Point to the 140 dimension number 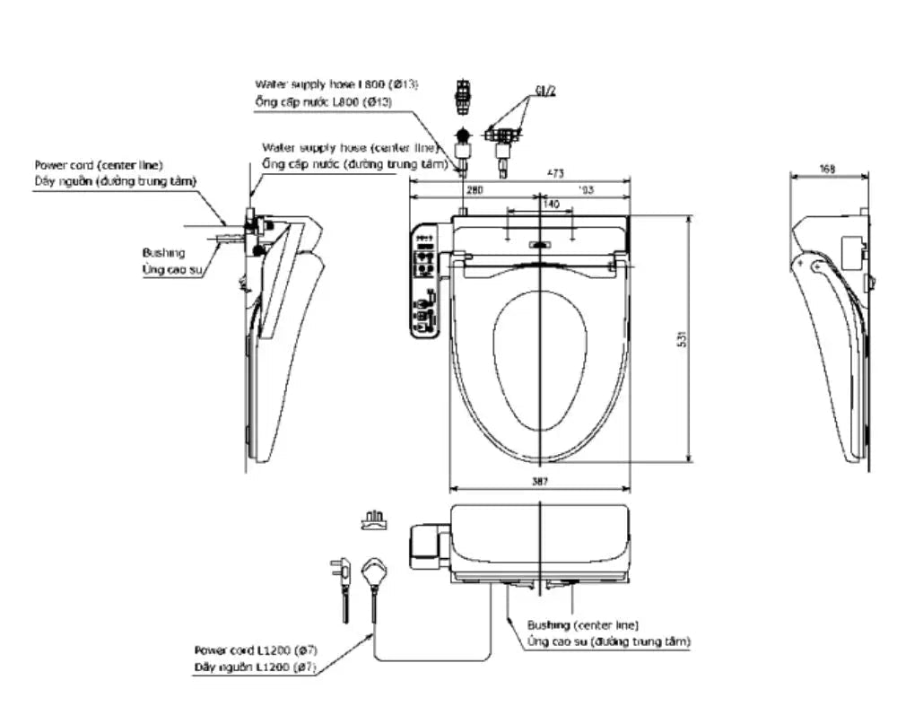coord(551,205)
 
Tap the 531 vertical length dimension coord(681,340)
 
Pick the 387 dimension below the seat coord(539,482)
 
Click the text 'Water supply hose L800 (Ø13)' coord(336,83)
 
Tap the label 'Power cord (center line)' coord(99,165)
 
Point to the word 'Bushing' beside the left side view coord(163,253)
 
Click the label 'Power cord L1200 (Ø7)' coord(255,650)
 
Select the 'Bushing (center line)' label coord(583,624)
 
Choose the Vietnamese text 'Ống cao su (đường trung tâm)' coord(608,641)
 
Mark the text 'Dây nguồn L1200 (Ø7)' coord(255,667)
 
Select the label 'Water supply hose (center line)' coord(350,147)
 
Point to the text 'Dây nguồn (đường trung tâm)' coord(115,181)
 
